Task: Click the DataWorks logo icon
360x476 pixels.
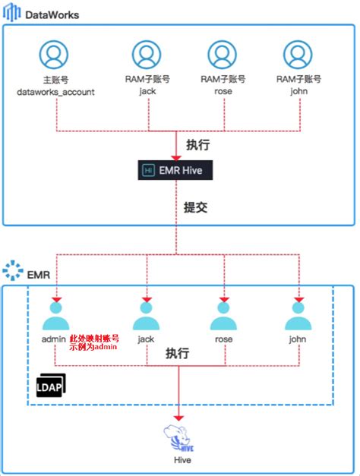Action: click(12, 12)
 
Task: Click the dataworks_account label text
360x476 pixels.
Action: click(55, 92)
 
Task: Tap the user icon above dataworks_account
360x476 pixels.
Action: click(54, 55)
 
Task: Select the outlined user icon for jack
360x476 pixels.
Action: click(147, 55)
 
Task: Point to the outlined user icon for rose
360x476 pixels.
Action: click(222, 55)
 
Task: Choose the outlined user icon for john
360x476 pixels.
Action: click(298, 55)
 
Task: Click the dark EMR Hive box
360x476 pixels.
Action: click(175, 170)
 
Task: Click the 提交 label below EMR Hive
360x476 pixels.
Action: click(196, 208)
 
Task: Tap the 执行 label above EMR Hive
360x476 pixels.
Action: click(197, 145)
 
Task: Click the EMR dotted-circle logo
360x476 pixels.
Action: click(13, 270)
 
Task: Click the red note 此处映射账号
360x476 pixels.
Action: click(94, 339)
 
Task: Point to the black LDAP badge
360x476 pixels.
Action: click(51, 385)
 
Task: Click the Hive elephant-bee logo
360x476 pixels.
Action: click(179, 438)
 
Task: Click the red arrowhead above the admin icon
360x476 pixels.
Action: click(56, 300)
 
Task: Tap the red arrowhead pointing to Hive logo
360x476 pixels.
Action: click(178, 418)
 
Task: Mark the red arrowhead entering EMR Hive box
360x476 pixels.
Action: click(176, 158)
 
